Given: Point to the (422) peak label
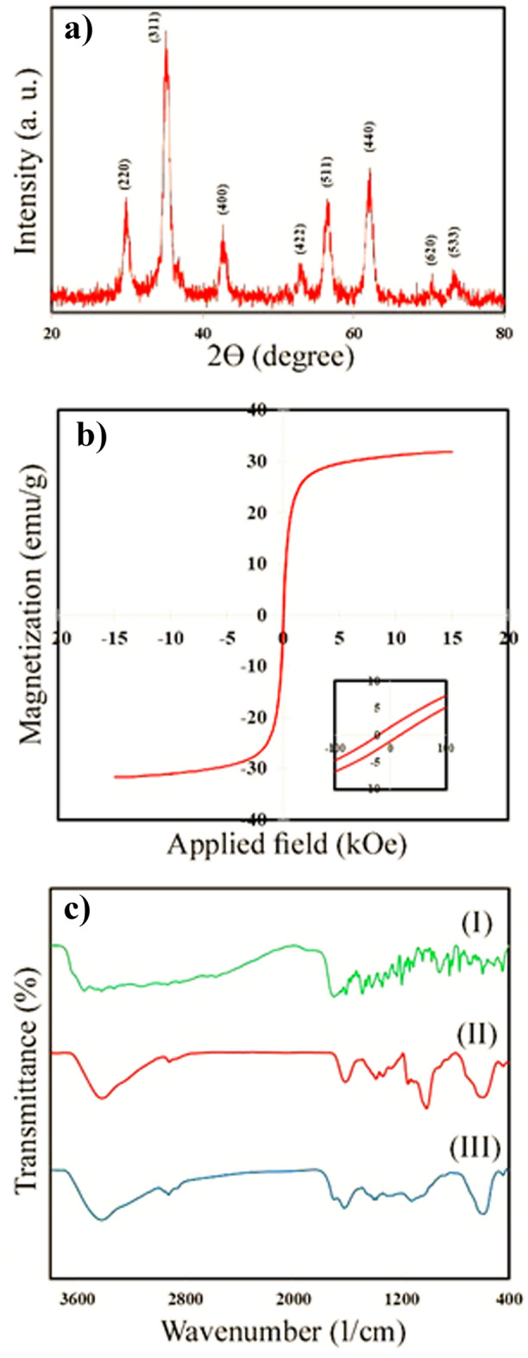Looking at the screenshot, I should pyautogui.click(x=299, y=245).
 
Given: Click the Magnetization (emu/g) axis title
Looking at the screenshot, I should pyautogui.click(x=32, y=614).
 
